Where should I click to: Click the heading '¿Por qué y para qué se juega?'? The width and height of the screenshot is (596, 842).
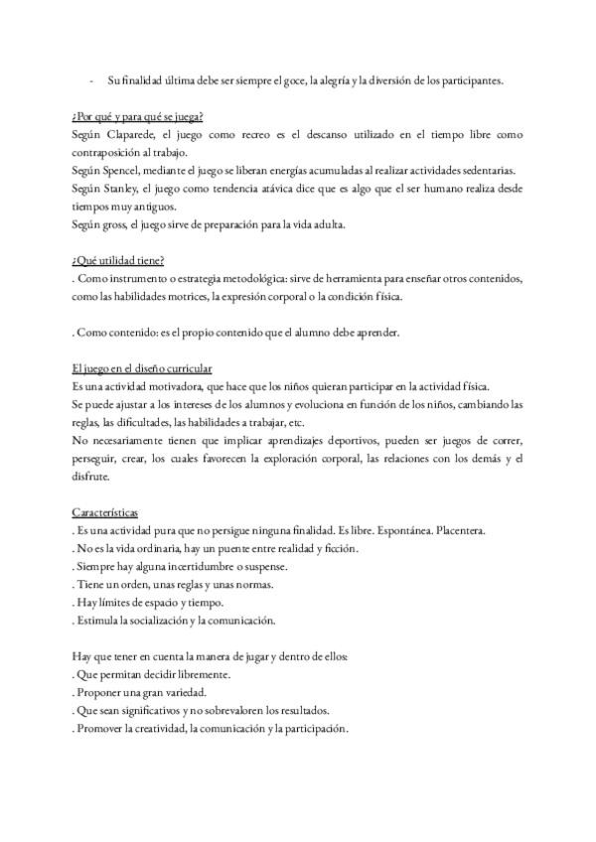(x=138, y=117)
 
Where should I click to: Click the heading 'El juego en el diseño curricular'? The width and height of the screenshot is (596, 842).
(x=142, y=368)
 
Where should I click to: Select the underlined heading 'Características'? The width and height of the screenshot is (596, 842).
(x=106, y=512)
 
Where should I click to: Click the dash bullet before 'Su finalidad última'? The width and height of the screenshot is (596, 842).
(x=90, y=80)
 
